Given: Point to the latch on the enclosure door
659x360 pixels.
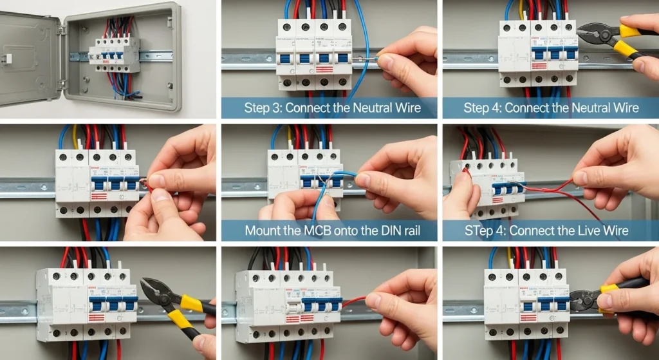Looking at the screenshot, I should (8, 59).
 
